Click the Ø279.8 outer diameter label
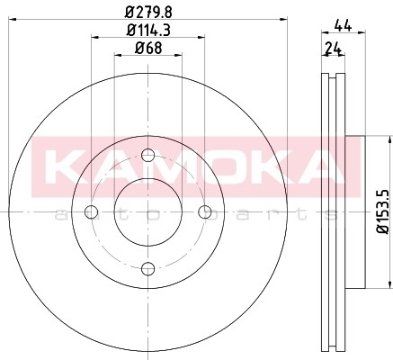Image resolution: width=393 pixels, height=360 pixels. click(x=148, y=11)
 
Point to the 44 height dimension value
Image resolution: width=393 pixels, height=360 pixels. click(x=342, y=27)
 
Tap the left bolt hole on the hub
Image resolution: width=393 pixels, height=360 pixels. click(x=90, y=212)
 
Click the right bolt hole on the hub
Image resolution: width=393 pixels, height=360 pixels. click(x=206, y=212)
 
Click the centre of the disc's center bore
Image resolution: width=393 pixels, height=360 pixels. click(x=147, y=212)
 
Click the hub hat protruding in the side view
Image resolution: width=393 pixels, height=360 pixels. click(x=355, y=212)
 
